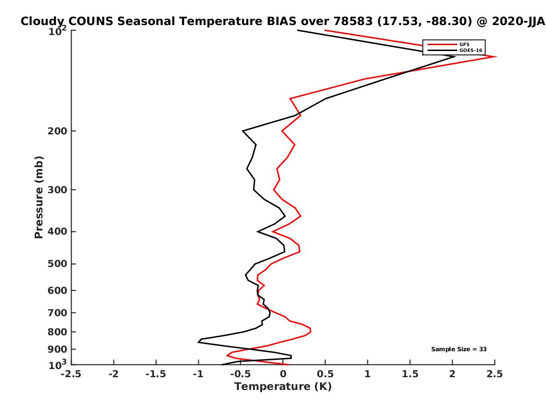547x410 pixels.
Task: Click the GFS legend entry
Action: [x=464, y=44]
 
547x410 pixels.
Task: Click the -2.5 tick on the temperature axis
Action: [x=72, y=374]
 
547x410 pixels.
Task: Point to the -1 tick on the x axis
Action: [x=198, y=374]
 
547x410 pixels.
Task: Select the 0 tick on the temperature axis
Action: [x=283, y=374]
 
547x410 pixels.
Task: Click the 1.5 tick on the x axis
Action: [x=410, y=374]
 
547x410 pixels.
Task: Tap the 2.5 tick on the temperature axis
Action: [x=495, y=374]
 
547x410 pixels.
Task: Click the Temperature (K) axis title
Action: [x=283, y=387]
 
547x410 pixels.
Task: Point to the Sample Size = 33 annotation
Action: [x=459, y=349]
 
